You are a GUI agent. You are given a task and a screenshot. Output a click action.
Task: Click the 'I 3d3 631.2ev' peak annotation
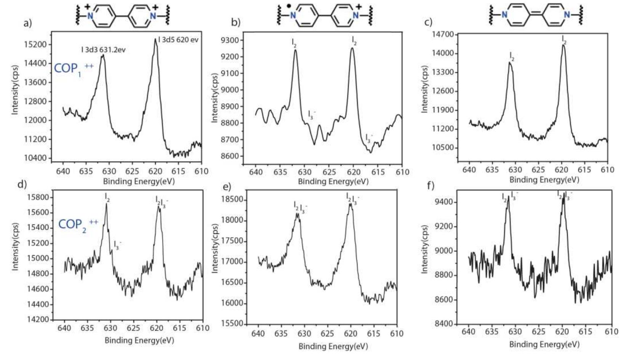[x=103, y=50]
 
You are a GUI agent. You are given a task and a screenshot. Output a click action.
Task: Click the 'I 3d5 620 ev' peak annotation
[x=178, y=40]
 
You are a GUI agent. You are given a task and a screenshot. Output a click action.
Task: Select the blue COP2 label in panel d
[x=78, y=224]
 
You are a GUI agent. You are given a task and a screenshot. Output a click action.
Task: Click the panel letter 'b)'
[x=236, y=22]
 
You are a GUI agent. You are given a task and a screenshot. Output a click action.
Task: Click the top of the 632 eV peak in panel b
[x=295, y=50]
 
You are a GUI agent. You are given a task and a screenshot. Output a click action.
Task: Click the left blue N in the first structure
[x=90, y=16]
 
